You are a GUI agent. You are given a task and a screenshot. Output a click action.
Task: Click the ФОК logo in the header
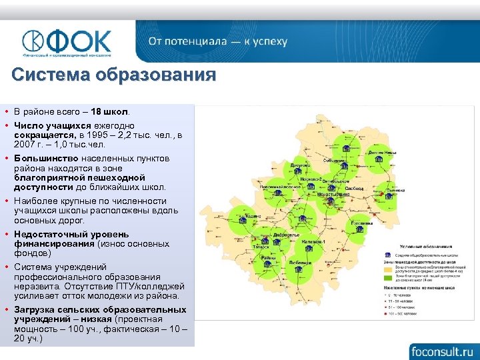pos(66,41)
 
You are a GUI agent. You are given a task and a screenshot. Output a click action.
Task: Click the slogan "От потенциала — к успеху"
pos(218,41)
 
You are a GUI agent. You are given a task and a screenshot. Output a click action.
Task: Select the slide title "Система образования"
pos(114,74)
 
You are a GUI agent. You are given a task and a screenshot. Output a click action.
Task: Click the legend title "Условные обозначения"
pos(419,247)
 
